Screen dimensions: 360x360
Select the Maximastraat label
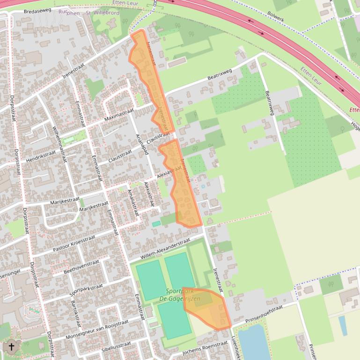[119, 114]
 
